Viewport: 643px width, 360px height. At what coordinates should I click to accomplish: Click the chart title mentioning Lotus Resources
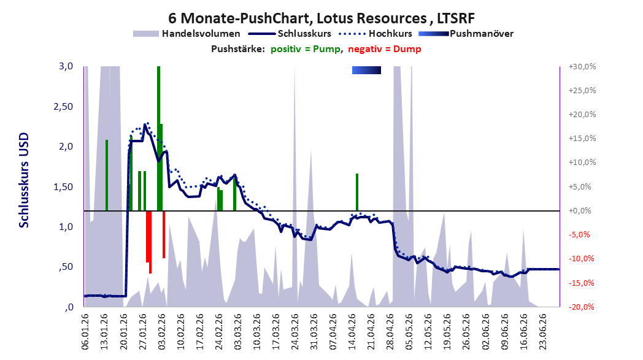(x=321, y=18)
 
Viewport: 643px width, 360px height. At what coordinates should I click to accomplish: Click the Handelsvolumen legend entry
(x=187, y=34)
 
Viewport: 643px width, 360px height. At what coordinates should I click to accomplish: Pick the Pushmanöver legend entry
(x=466, y=34)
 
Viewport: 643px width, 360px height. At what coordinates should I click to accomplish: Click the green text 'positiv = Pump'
(x=305, y=49)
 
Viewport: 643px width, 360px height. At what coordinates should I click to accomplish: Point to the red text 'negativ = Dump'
(x=385, y=49)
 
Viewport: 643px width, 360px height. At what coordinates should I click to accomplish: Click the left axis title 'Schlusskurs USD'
(x=24, y=180)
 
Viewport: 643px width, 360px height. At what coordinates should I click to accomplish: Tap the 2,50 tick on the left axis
(x=63, y=107)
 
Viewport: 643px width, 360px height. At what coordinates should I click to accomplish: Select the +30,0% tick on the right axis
(x=582, y=66)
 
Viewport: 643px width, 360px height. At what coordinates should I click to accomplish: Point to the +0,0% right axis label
(x=580, y=211)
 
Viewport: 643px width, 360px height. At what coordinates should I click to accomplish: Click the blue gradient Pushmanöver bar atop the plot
(x=367, y=70)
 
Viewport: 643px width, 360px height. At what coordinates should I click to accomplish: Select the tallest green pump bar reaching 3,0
(x=158, y=139)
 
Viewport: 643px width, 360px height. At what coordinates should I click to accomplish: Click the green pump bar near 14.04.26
(x=357, y=193)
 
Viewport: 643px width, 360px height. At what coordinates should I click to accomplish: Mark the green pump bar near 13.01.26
(x=107, y=175)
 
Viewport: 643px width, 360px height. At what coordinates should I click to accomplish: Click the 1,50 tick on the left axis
(x=63, y=187)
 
